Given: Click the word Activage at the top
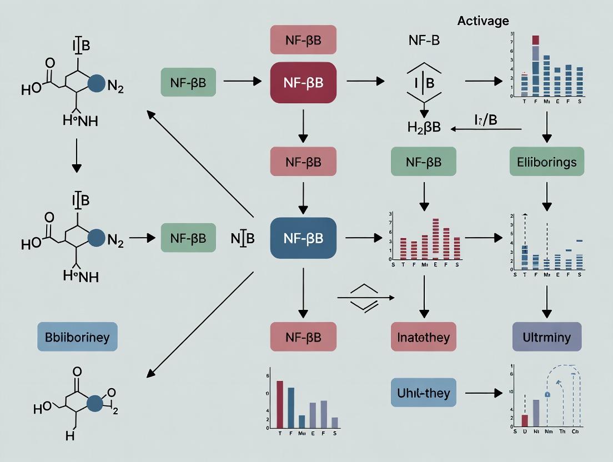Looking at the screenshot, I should [483, 21].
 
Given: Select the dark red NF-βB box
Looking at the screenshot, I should [303, 82].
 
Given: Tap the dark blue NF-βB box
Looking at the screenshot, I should [303, 238].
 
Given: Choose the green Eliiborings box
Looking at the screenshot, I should [547, 162].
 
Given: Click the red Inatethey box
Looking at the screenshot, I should [424, 337].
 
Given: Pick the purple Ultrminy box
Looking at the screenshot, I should [547, 337].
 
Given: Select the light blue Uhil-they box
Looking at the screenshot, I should [424, 393].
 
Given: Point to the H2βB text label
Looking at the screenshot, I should [424, 127].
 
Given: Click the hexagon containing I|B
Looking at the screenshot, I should [424, 82].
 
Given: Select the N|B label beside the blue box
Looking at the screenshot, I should [242, 238].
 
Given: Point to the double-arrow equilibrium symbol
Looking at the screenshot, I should [366, 298].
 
